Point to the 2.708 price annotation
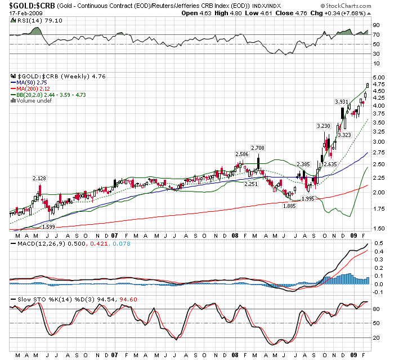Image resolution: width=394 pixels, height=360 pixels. pyautogui.click(x=258, y=147)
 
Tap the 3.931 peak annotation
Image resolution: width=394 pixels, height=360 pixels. pyautogui.click(x=341, y=101)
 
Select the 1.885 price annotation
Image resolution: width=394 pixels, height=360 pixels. pyautogui.click(x=289, y=206)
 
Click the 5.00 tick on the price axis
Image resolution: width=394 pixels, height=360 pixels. pyautogui.click(x=378, y=77)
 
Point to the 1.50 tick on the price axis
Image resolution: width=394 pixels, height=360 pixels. pyautogui.click(x=378, y=228)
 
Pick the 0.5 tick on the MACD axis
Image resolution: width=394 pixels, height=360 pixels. pyautogui.click(x=377, y=243)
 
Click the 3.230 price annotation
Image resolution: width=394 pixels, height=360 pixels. pyautogui.click(x=324, y=126)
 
